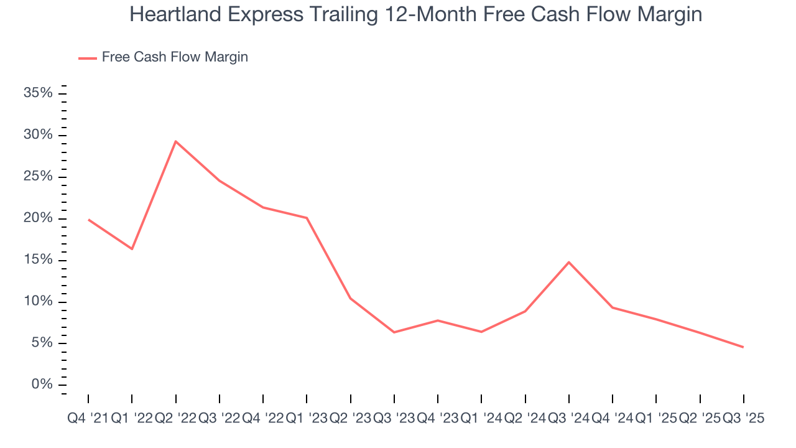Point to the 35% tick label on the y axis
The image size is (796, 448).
coord(38,93)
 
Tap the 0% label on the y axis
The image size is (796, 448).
coord(42,385)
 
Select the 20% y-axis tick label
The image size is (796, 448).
coord(38,218)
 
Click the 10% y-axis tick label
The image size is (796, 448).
coord(38,302)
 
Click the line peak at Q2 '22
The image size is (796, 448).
coord(176,141)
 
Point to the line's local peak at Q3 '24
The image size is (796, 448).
coord(569,262)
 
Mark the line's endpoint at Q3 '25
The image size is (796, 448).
coord(743,347)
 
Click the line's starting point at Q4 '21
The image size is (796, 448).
coord(88,220)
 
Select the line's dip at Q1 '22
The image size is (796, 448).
coord(132,249)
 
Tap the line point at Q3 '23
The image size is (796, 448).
coord(394,332)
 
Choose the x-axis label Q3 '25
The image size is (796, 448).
coord(743,419)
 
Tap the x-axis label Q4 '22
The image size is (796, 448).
coord(262,419)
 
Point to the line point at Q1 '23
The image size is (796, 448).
coord(307,218)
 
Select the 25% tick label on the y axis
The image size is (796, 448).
coord(38,177)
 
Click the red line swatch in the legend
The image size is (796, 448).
coord(87,58)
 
